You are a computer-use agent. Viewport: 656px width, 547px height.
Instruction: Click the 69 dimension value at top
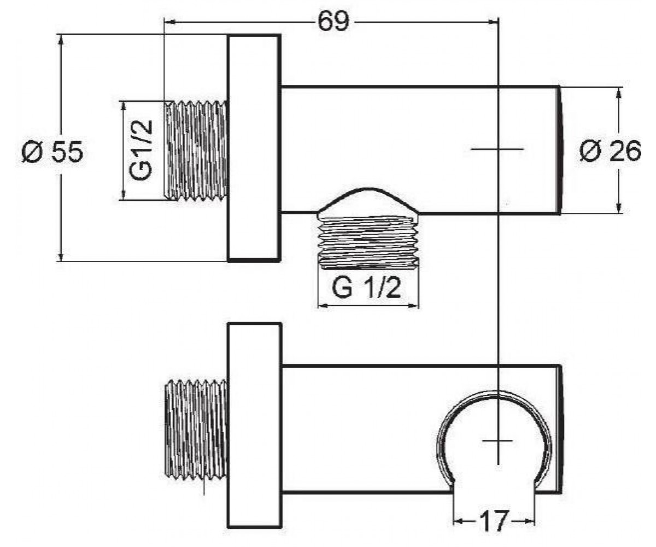(333, 22)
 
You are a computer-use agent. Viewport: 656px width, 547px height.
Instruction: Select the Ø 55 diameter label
(52, 152)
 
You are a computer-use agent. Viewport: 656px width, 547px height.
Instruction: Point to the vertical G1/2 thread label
(140, 150)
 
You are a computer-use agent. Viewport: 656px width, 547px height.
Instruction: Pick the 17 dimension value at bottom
(494, 521)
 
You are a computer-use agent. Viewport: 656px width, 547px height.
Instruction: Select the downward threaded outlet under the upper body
(368, 241)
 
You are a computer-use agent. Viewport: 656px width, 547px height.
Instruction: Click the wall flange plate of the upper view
(254, 148)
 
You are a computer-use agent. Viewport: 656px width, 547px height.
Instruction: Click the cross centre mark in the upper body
(498, 149)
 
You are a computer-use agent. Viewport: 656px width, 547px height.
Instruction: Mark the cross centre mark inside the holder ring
(498, 440)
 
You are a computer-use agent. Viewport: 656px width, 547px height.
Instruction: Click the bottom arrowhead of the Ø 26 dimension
(619, 207)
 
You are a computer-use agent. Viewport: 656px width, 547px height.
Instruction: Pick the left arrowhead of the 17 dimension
(459, 521)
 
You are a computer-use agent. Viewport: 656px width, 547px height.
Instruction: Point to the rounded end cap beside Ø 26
(560, 150)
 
